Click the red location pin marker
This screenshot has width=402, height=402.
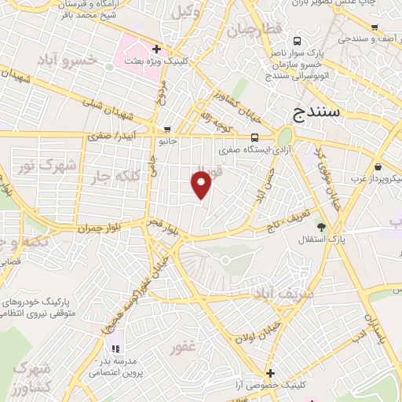point(202,184)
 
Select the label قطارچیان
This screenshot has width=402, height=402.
point(254,31)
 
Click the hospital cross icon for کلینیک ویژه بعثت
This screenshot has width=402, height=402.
point(157,49)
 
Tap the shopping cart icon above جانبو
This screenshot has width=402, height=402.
point(166,130)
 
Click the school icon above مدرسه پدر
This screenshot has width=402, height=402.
point(116,348)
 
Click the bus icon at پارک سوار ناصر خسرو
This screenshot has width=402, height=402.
point(298,42)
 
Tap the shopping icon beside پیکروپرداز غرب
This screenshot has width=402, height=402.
point(379,166)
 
